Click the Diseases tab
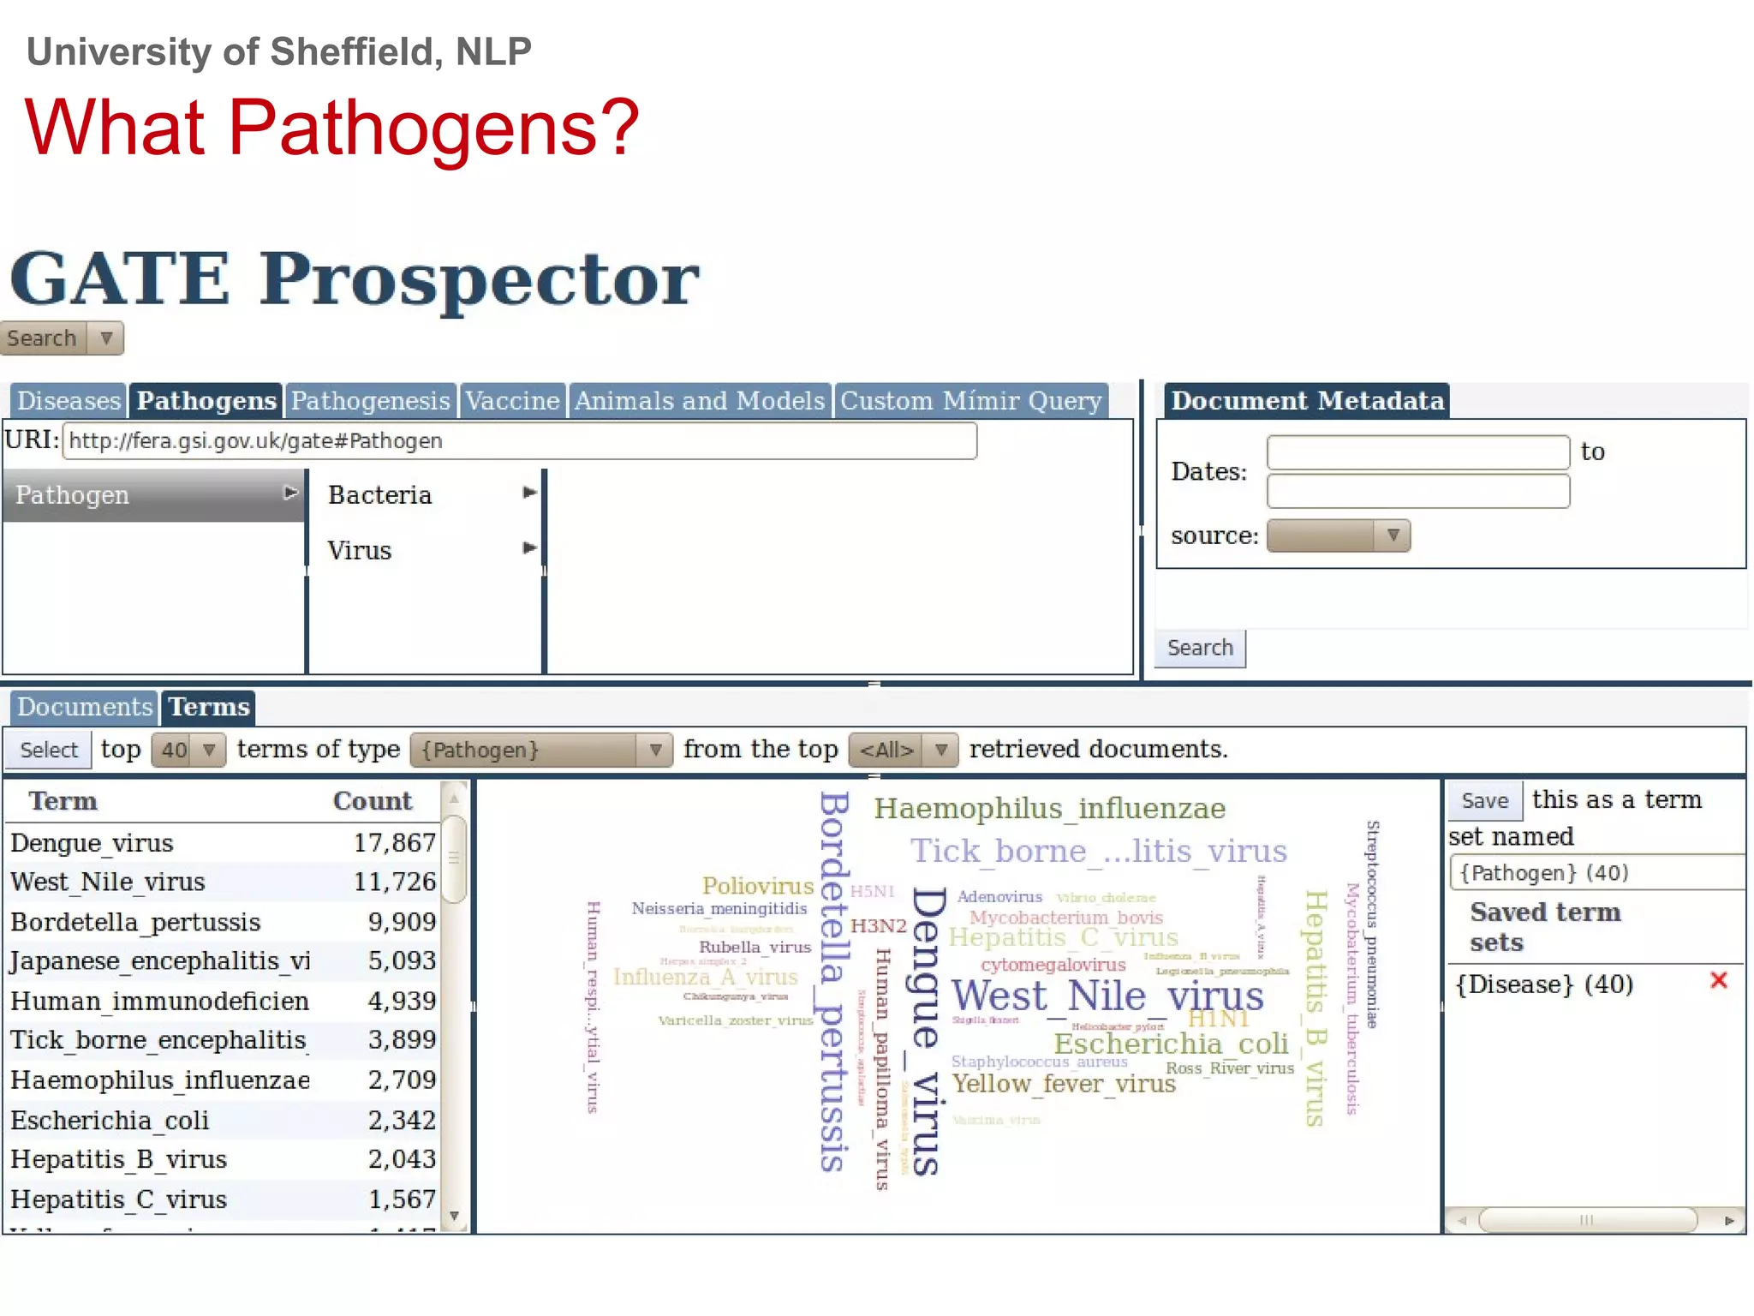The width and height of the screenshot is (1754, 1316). pyautogui.click(x=69, y=401)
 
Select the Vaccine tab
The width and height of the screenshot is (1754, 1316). pyautogui.click(x=512, y=401)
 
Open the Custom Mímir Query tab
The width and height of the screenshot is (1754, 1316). pyautogui.click(x=970, y=401)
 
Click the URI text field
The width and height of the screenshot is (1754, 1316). pyautogui.click(x=519, y=441)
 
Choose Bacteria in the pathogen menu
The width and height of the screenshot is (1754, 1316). pyautogui.click(x=380, y=495)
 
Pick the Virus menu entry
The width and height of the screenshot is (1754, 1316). pyautogui.click(x=360, y=550)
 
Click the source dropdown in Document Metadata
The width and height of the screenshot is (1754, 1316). pyautogui.click(x=1338, y=535)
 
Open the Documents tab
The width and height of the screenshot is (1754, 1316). pyautogui.click(x=84, y=707)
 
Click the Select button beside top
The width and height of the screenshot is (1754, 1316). pyautogui.click(x=49, y=750)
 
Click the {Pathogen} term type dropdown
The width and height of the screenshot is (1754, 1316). pyautogui.click(x=540, y=750)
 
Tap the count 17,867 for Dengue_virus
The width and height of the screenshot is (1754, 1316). pyautogui.click(x=394, y=843)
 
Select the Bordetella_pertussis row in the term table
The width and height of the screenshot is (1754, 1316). pyautogui.click(x=135, y=922)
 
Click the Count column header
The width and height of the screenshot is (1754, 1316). pyautogui.click(x=372, y=801)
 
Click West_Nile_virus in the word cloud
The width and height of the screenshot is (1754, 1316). pyautogui.click(x=1107, y=996)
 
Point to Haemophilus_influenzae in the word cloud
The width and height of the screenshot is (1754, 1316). pyautogui.click(x=1049, y=808)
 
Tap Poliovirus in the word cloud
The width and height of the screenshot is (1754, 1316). pyautogui.click(x=757, y=886)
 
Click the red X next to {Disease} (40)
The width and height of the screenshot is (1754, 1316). pyautogui.click(x=1718, y=981)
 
